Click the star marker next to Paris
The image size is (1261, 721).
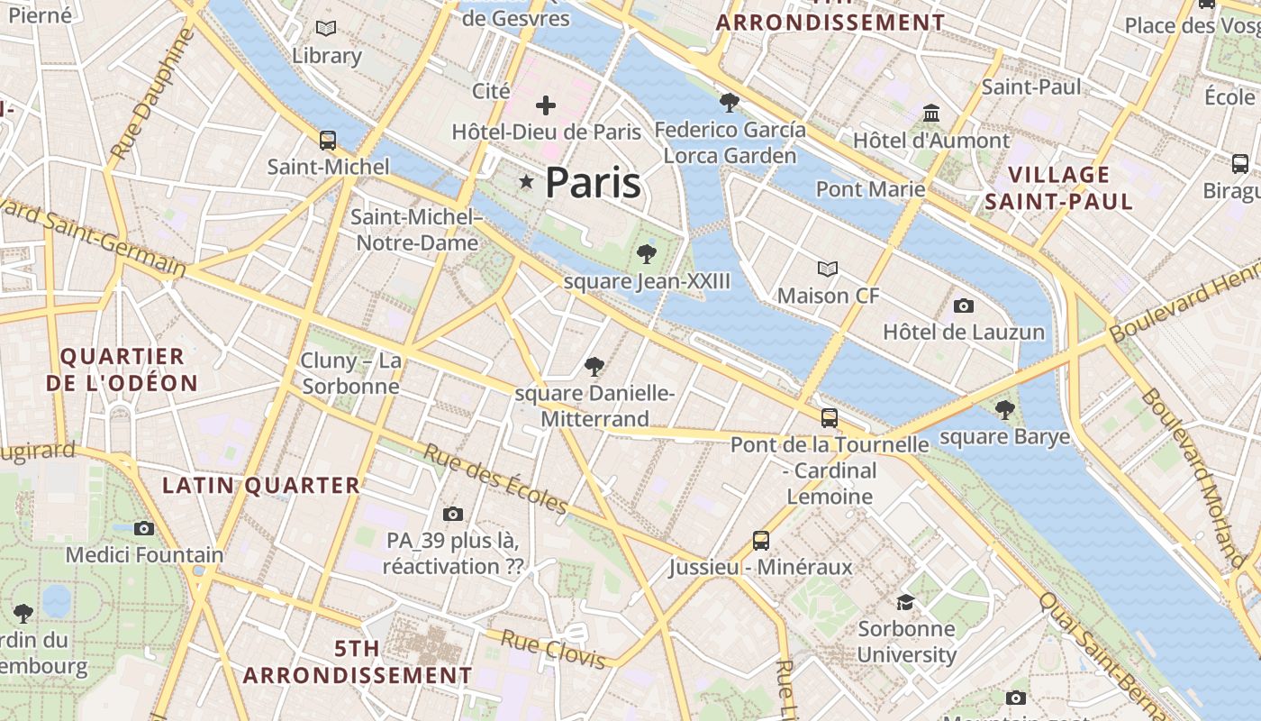click(526, 183)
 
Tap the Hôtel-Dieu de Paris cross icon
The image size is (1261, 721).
click(545, 105)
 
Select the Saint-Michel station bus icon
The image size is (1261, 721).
click(328, 141)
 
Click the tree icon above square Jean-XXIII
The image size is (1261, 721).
click(646, 254)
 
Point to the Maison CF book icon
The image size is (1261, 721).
click(827, 269)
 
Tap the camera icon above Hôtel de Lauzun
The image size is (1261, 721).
click(963, 306)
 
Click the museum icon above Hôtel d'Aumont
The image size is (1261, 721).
click(931, 114)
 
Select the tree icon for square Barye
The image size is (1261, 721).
click(1004, 410)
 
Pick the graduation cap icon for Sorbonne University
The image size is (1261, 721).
click(905, 602)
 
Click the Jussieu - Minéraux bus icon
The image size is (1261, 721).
click(761, 541)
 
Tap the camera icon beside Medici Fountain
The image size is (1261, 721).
click(144, 528)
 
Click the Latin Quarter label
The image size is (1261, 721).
click(261, 486)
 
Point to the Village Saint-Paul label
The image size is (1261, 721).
click(1058, 187)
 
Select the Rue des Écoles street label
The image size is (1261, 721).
click(495, 478)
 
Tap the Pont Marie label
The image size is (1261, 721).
click(870, 189)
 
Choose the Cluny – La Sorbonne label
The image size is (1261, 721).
click(351, 373)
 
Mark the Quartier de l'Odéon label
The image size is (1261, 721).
click(122, 370)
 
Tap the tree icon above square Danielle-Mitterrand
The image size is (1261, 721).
click(594, 367)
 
